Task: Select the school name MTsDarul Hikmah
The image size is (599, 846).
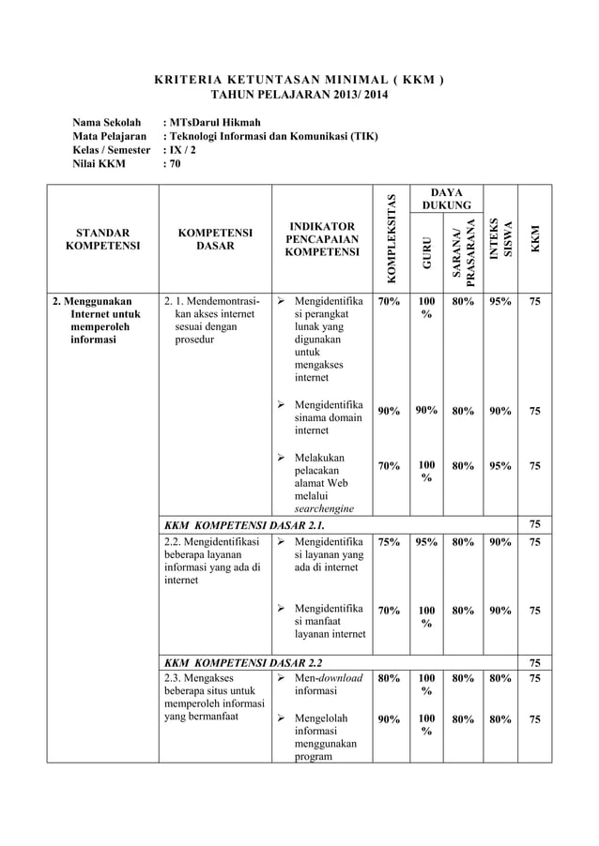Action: (211, 122)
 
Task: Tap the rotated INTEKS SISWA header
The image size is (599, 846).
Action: (506, 234)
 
